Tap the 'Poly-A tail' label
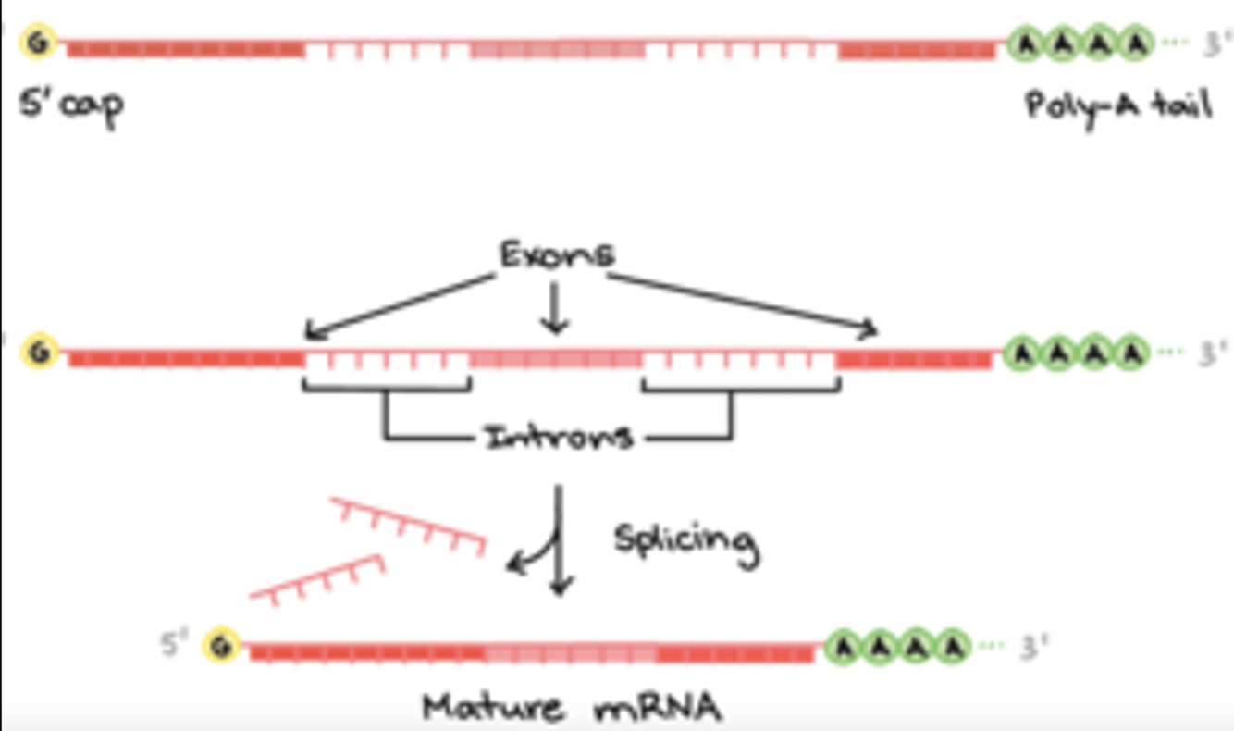pos(1117,105)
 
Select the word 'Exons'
pos(555,254)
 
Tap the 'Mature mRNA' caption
pos(572,708)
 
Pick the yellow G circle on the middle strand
pos(40,353)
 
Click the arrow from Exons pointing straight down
pos(555,310)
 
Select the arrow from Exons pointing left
pos(398,305)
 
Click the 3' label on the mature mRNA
pos(1030,645)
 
